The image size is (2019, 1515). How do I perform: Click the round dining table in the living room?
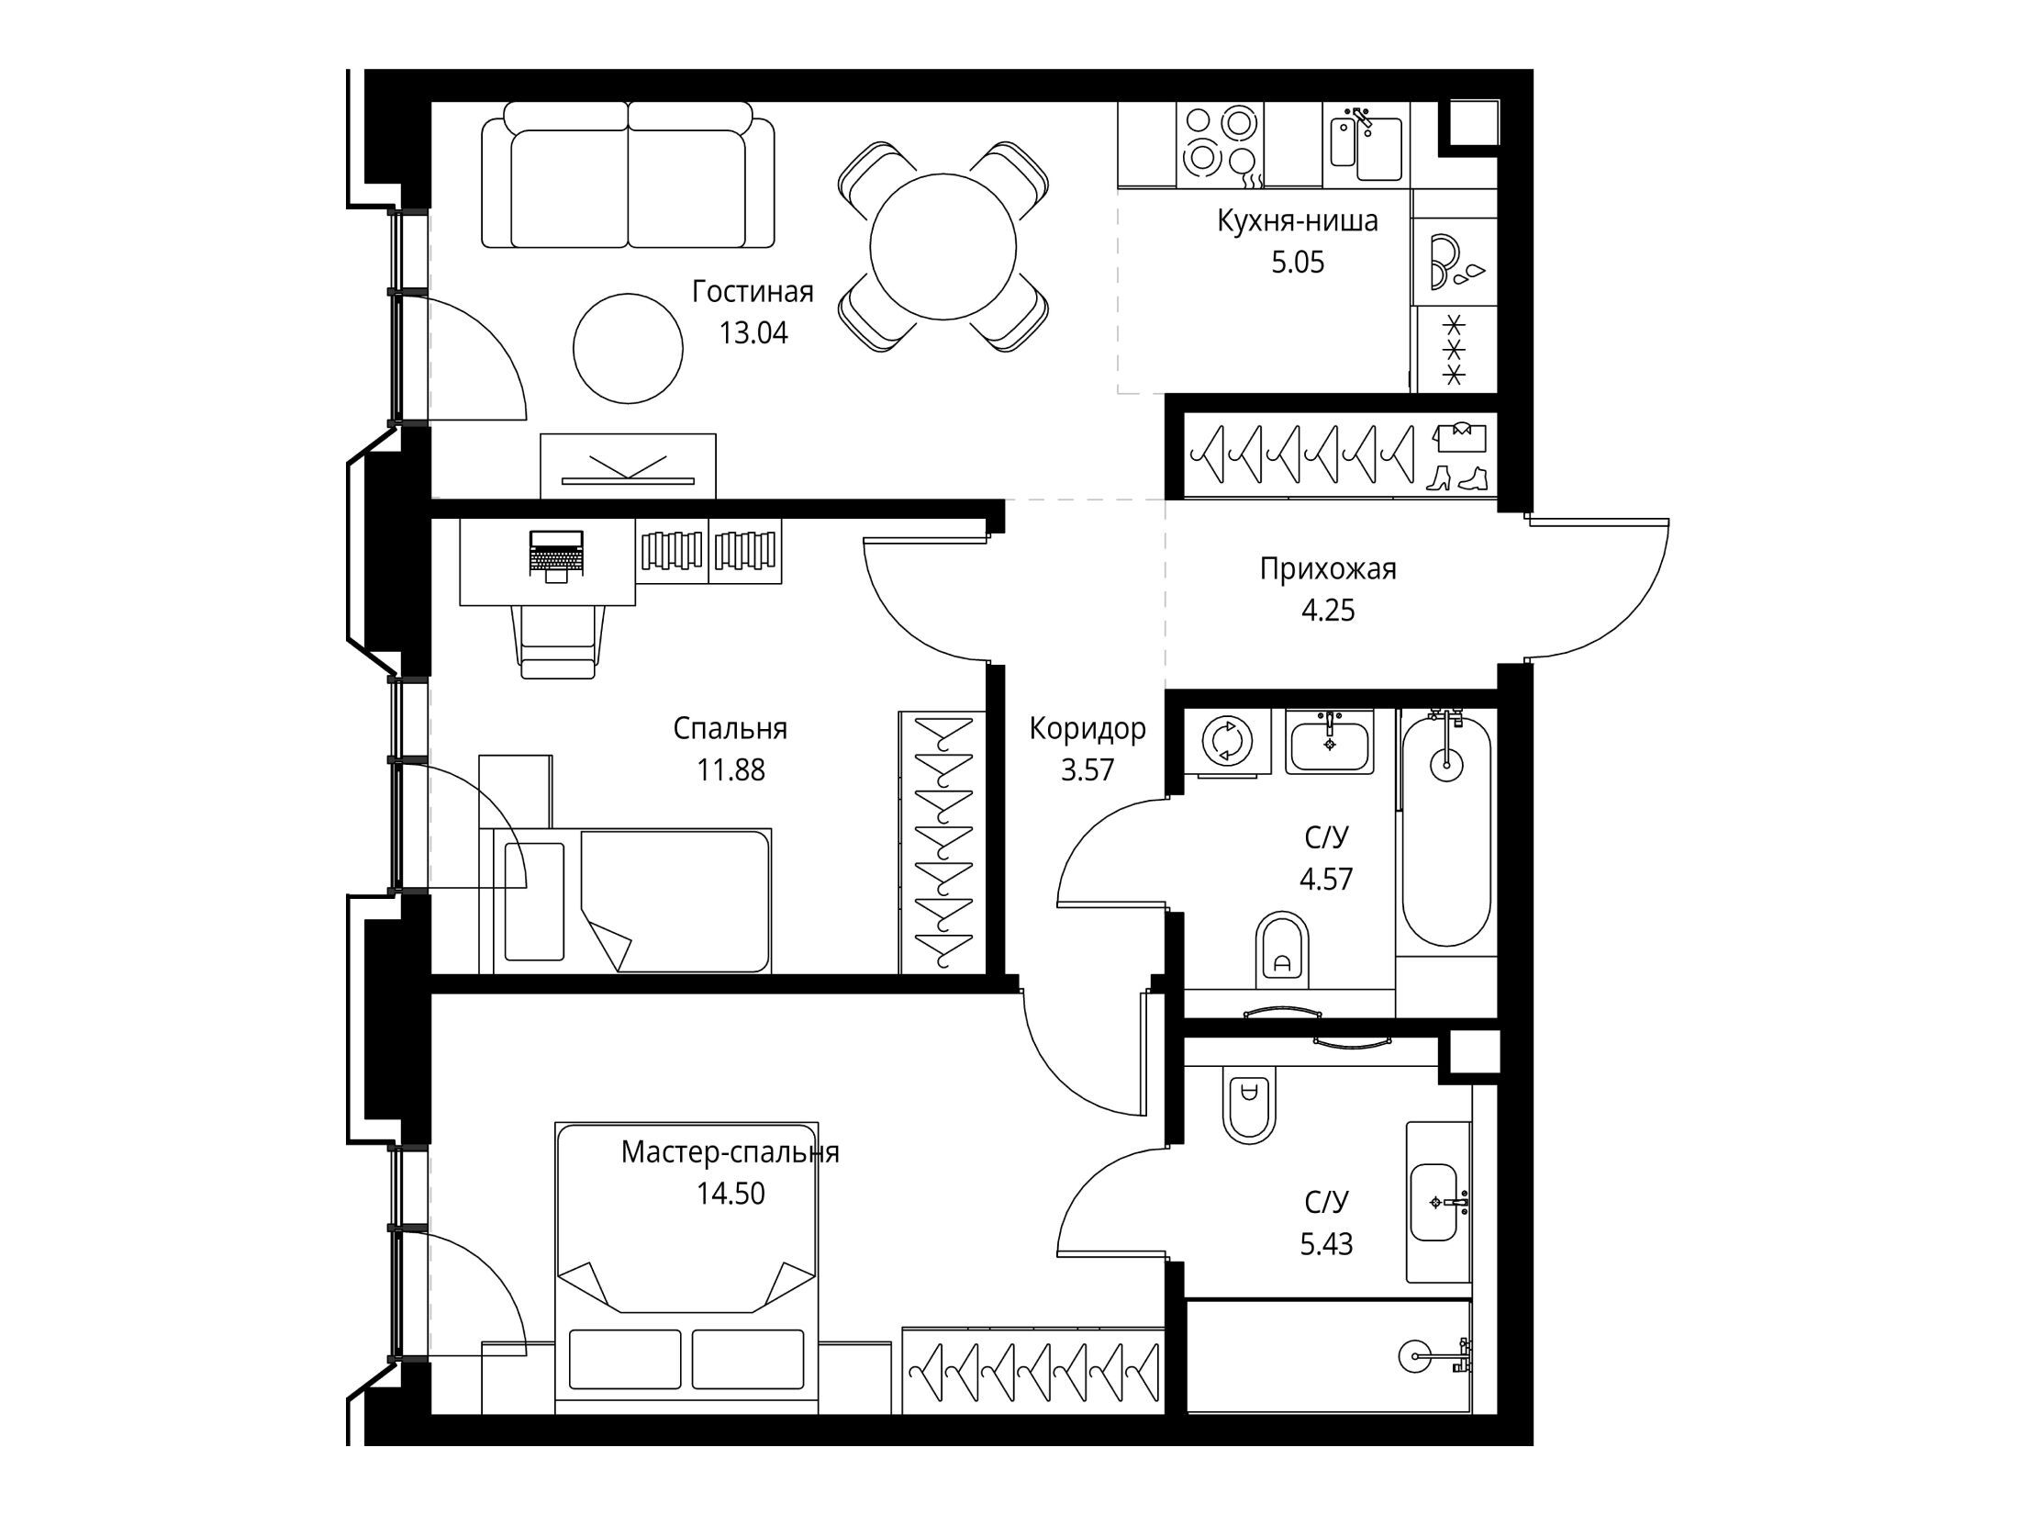click(x=943, y=247)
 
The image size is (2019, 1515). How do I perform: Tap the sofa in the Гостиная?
click(x=629, y=174)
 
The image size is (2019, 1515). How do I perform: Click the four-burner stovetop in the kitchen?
click(x=1220, y=145)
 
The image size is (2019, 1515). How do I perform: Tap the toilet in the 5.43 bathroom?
click(x=1249, y=1108)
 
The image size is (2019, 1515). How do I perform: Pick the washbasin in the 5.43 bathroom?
click(x=1434, y=1202)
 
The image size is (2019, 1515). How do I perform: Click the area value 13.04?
click(x=753, y=332)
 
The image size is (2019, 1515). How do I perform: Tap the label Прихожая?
click(x=1328, y=569)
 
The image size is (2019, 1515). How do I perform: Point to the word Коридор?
click(x=1088, y=729)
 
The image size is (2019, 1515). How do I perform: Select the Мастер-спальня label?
click(x=731, y=1151)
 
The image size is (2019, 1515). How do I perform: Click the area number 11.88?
click(x=731, y=769)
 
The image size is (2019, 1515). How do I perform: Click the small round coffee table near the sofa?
click(x=629, y=348)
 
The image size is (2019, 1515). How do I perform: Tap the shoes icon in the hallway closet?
click(x=1457, y=477)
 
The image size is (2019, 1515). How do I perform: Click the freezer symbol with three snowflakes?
click(x=1454, y=349)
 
